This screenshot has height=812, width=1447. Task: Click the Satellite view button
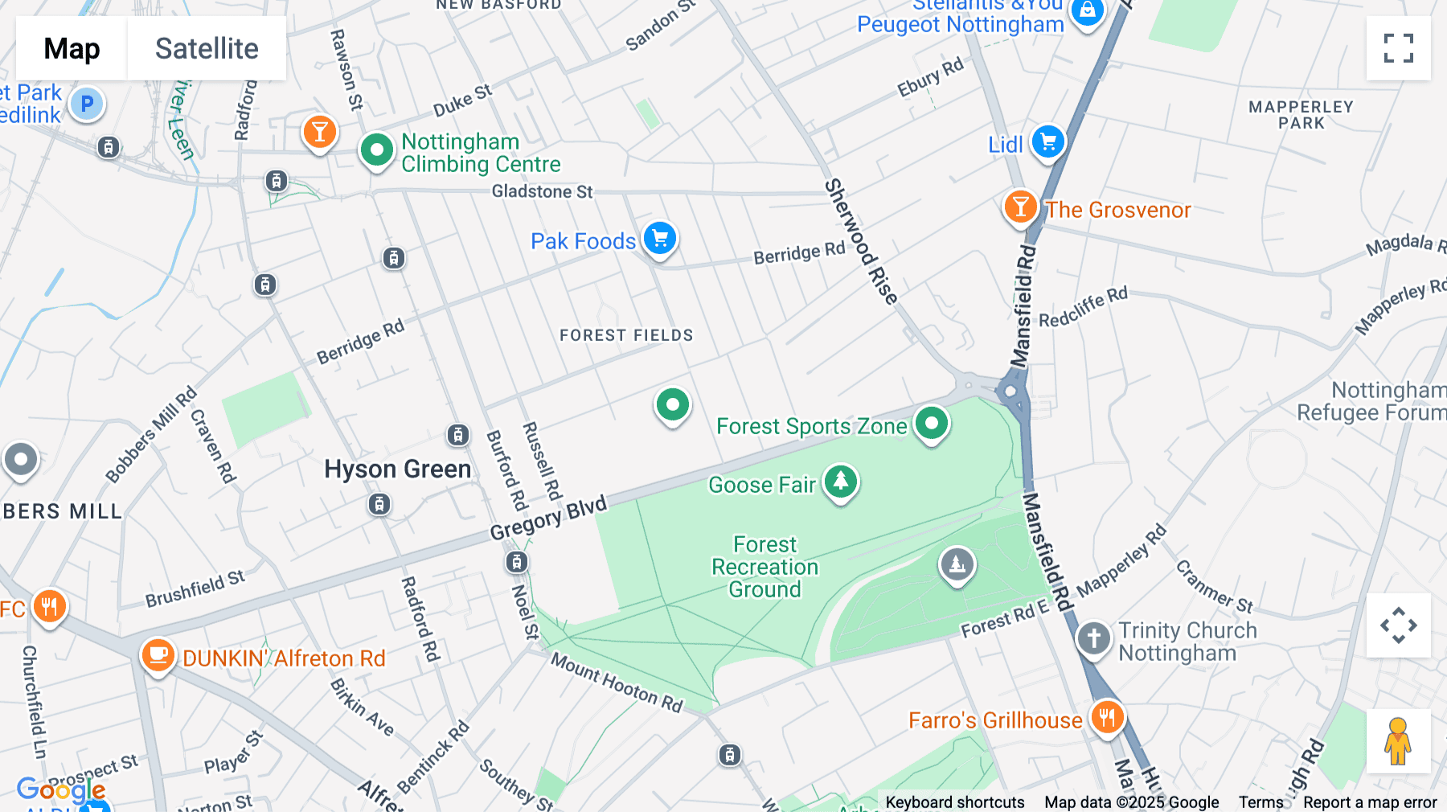point(207,48)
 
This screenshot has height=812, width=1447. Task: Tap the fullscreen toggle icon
point(1398,48)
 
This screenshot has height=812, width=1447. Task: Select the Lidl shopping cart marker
point(1047,142)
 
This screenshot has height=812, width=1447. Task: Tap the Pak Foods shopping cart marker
point(660,239)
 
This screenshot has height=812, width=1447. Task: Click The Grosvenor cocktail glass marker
point(1020,207)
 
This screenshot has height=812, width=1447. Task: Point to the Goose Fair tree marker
point(840,482)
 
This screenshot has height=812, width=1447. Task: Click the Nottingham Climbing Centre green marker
point(376,150)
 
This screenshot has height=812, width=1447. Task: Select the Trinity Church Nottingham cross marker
point(1093,638)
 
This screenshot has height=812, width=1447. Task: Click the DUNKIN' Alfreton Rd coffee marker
point(158,655)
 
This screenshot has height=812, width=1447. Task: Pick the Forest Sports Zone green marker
point(932,423)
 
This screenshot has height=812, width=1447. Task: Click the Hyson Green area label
point(397,470)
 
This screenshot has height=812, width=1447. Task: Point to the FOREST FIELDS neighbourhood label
point(626,335)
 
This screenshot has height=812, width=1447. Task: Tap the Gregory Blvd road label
point(548,519)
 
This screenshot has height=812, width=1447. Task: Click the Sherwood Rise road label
point(860,241)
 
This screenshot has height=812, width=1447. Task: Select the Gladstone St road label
point(542,191)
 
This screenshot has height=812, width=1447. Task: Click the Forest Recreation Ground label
point(764,567)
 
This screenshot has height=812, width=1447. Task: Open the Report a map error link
point(1369,802)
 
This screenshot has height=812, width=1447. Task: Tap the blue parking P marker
point(87,104)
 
